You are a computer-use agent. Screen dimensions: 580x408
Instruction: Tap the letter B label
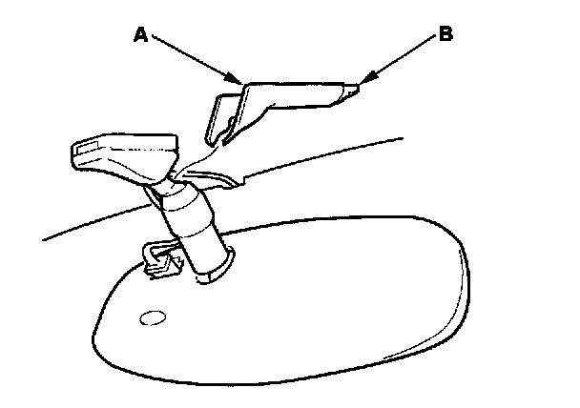pyautogui.click(x=445, y=35)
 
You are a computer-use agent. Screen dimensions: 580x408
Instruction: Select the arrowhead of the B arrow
pyautogui.click(x=360, y=84)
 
